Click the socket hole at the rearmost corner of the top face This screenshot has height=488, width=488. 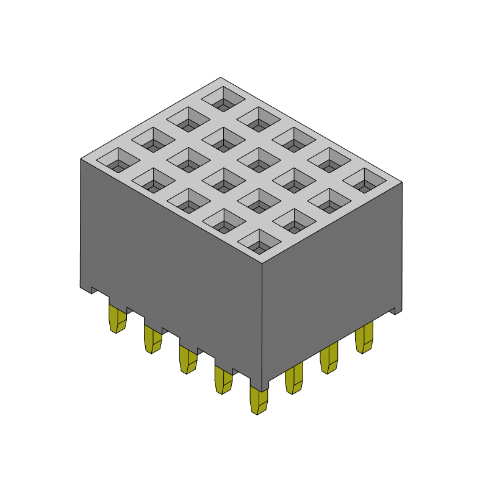tap(223, 98)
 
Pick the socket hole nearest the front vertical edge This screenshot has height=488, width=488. tap(259, 242)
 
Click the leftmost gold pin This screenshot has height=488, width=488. tap(117, 318)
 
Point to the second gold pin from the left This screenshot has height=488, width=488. tap(152, 339)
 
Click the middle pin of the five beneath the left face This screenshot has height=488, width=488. tap(187, 359)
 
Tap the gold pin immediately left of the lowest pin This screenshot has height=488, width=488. tap(223, 379)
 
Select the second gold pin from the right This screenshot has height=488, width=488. tap(329, 359)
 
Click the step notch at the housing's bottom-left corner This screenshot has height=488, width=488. tap(86, 289)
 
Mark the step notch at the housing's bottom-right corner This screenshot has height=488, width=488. tap(396, 310)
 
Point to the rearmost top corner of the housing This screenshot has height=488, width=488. tap(221, 78)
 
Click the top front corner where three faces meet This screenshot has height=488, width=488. tap(262, 264)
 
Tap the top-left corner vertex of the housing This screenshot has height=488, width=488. tap(81, 159)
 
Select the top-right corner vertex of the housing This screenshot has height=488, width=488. tap(402, 182)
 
